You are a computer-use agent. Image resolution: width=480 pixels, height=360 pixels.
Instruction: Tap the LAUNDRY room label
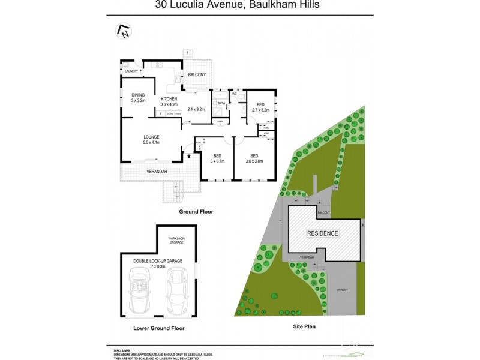point(131,71)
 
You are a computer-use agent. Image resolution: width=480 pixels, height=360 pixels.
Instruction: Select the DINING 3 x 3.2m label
point(139,98)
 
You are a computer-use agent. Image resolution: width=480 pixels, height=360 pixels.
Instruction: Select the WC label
point(235,94)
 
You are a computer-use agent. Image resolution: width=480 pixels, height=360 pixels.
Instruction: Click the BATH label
point(221,104)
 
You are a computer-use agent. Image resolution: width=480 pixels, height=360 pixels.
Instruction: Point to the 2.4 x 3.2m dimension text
point(196,110)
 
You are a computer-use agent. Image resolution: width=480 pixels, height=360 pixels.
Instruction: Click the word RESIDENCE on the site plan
point(323,233)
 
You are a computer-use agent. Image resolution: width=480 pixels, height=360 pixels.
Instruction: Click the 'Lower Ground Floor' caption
point(158,328)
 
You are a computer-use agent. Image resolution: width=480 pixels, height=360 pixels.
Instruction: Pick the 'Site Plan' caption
point(303,327)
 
